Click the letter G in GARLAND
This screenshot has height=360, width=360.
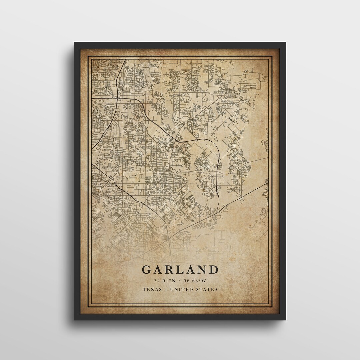[147, 269]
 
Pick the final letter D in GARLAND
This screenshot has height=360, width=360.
[214, 269]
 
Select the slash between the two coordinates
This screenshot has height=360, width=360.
[180, 280]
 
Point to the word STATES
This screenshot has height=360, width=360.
[207, 289]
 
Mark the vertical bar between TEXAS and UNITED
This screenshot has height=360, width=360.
[166, 289]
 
